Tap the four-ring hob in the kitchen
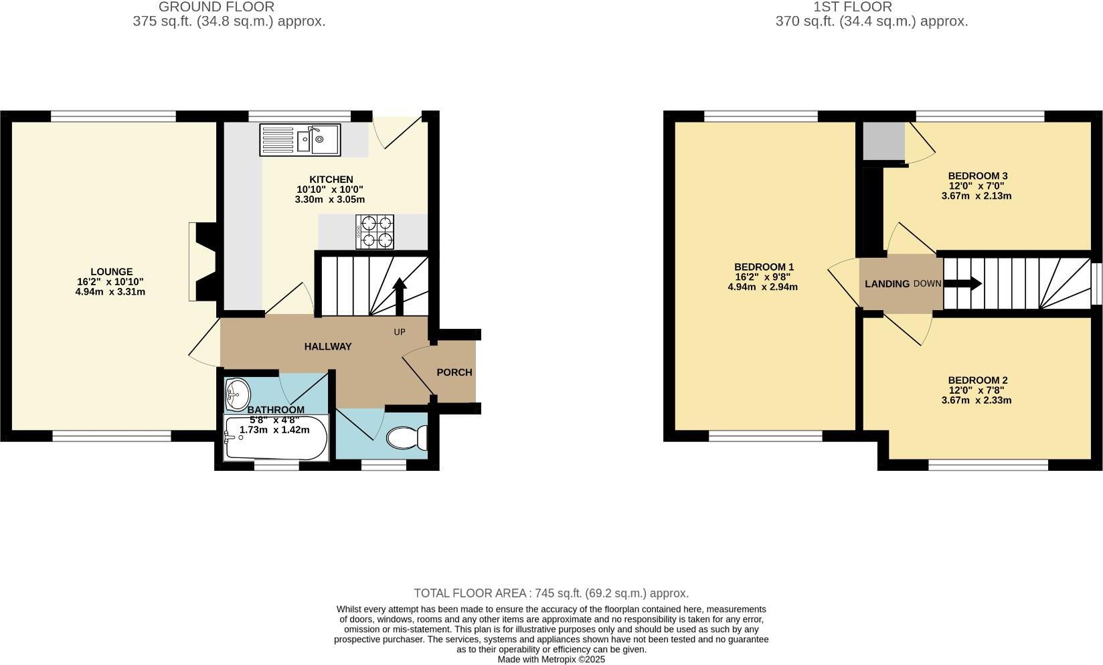(375, 232)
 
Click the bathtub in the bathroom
(276, 439)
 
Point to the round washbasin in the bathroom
(237, 392)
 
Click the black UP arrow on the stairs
(400, 295)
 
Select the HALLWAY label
(328, 346)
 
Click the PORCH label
(454, 372)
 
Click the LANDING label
(887, 284)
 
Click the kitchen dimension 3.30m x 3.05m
(330, 200)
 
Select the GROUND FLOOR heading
(216, 7)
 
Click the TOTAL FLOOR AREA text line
(551, 593)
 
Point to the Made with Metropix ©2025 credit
(551, 659)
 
